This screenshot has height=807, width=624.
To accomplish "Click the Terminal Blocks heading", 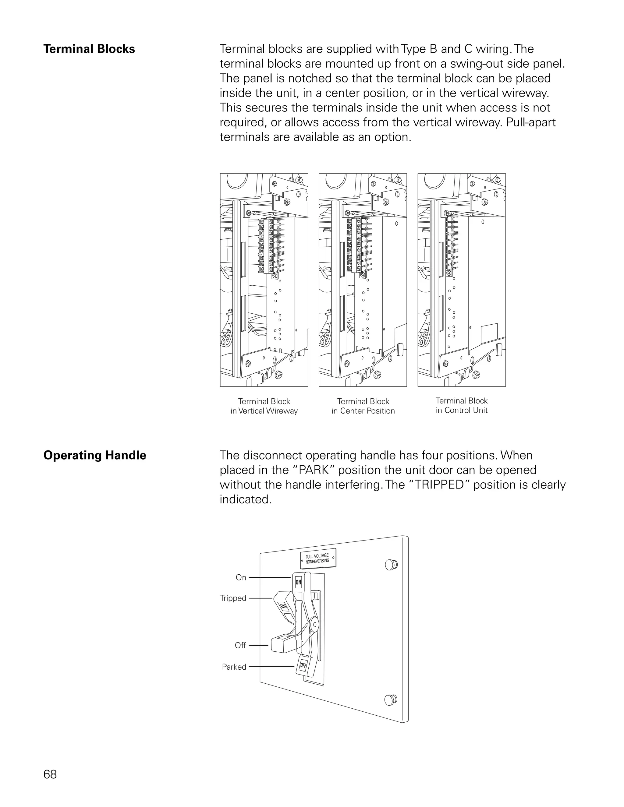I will click(x=89, y=49).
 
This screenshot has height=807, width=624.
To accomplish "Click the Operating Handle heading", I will click(x=95, y=455).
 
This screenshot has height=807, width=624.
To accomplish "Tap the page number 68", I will click(x=50, y=774).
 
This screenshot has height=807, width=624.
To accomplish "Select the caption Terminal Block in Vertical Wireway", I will click(x=264, y=406).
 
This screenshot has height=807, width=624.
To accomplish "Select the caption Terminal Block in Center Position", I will click(x=363, y=406).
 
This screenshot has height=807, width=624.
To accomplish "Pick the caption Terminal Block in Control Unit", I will click(x=461, y=405).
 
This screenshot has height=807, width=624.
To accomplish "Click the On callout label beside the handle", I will click(x=241, y=577).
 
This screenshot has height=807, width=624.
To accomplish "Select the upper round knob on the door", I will click(x=391, y=565).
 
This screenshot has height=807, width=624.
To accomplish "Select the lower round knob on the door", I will click(x=390, y=700).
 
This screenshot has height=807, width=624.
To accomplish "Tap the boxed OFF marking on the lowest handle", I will click(x=303, y=665).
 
